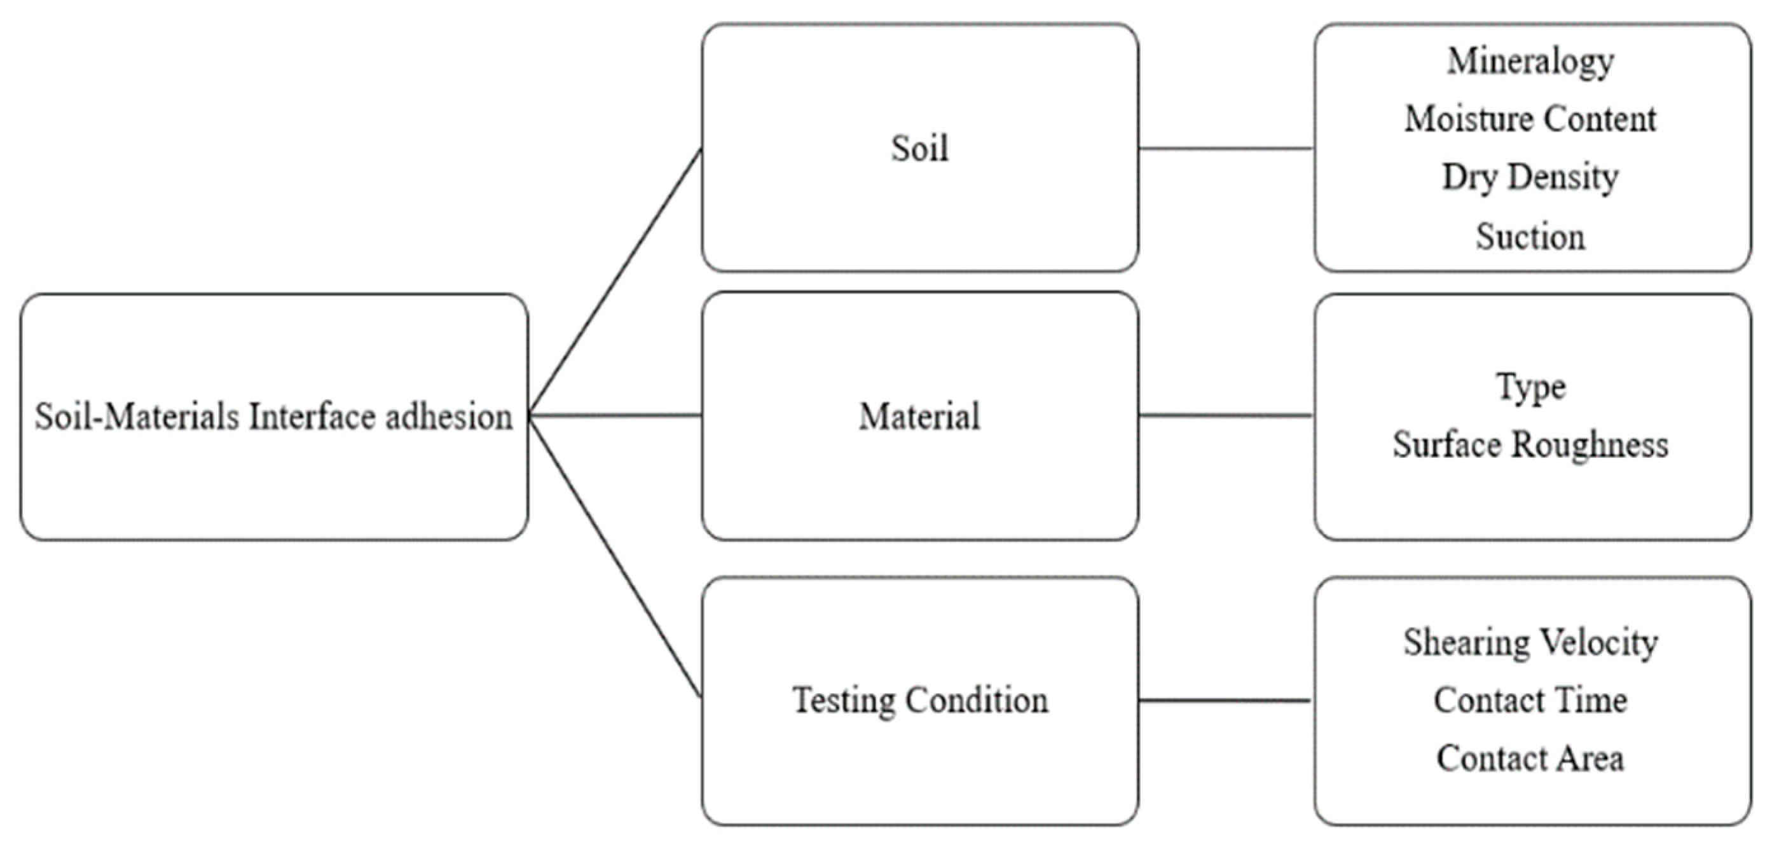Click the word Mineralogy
pos(1530,62)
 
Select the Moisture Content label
pos(1530,120)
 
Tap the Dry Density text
pos(1530,177)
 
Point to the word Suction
pos(1530,237)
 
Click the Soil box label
pos(920,148)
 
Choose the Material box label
pos(920,417)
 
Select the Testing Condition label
pos(920,701)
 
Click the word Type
pos(1530,387)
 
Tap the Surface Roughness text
pos(1530,444)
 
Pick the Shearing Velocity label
pos(1530,643)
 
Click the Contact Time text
pos(1530,701)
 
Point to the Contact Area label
pos(1530,758)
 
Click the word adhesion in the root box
pos(448,417)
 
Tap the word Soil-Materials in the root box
pos(137,417)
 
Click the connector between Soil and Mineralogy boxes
pos(1226,148)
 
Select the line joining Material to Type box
pos(1226,416)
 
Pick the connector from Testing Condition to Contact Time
pos(1226,701)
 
